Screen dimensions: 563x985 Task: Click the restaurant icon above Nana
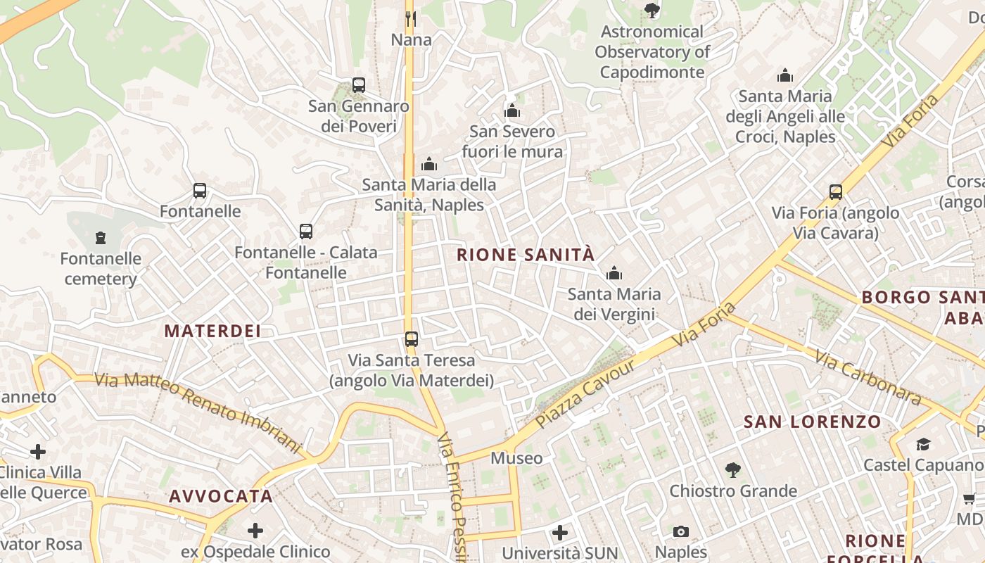tap(411, 18)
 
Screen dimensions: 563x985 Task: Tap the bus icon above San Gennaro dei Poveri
tap(359, 85)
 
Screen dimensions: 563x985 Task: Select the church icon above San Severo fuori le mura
tap(512, 110)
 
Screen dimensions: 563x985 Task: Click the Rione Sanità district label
tap(526, 255)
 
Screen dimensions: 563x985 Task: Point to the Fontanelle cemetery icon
tap(101, 238)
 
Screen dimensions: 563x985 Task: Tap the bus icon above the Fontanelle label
tap(200, 191)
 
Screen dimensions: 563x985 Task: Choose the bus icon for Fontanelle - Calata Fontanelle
tap(306, 231)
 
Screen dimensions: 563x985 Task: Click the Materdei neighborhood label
tap(212, 331)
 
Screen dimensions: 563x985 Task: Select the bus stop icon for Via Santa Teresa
tap(412, 339)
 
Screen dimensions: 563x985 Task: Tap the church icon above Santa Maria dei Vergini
tap(614, 273)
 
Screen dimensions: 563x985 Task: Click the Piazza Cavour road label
tap(585, 394)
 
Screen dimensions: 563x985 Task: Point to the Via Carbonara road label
tap(868, 378)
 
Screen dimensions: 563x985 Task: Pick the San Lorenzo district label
tap(813, 422)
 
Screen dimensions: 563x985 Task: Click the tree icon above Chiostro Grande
tap(733, 469)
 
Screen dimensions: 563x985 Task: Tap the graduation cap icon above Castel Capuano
tap(923, 444)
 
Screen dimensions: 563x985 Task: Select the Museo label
tap(516, 458)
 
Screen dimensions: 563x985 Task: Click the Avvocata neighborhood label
tap(221, 496)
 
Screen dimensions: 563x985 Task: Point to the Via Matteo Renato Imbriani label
tap(198, 412)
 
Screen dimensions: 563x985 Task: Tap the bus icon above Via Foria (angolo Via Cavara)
tap(836, 191)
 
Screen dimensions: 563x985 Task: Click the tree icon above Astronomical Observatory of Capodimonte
tap(652, 11)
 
